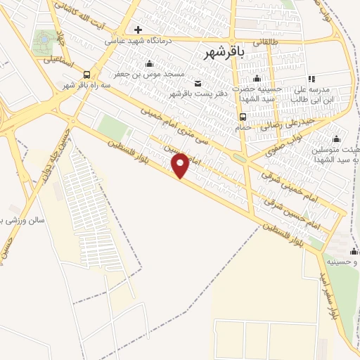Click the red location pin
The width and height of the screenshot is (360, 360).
coord(181,165)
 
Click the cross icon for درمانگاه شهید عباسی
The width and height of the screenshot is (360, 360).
coord(138,30)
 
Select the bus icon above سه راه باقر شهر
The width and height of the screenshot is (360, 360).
coord(86,75)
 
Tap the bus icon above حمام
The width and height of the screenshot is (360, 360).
coord(243,117)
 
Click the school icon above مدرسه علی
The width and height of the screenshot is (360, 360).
coord(311,79)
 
